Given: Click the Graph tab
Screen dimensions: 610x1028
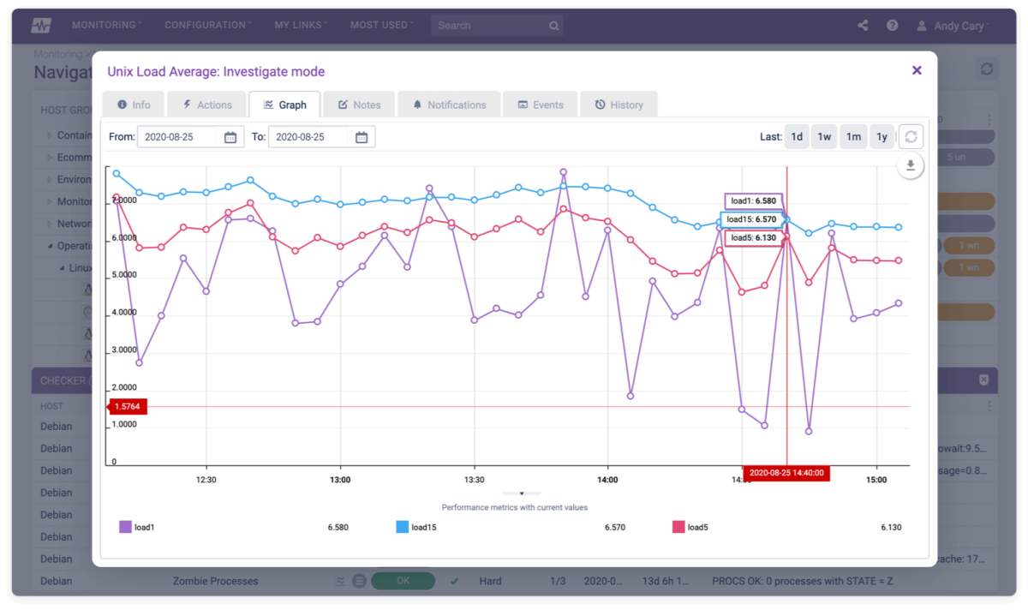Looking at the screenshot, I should coord(284,105).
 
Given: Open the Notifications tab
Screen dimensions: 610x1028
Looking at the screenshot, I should coord(449,105).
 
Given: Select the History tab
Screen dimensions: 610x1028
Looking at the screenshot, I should coord(618,105).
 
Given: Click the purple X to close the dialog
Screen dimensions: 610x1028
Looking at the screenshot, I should coord(917,70).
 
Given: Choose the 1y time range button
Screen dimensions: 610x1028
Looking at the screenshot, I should coord(881,137).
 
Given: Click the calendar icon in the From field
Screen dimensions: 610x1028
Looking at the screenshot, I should coord(230,137).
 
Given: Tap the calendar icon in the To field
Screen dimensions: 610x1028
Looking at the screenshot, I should coord(362,137).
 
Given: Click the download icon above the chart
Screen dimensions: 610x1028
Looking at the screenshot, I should coord(911,167).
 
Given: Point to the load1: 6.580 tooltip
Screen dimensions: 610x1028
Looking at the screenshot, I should coord(753,201).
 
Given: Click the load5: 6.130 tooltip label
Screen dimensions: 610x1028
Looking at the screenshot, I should coord(753,238).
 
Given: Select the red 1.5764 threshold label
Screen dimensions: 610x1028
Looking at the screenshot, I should coord(127,407).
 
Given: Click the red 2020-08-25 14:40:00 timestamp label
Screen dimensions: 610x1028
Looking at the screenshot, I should coord(786,473).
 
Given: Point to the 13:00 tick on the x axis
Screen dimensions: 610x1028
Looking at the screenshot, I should coord(340,480).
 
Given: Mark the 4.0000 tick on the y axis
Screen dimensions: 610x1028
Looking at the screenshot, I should coord(125,313).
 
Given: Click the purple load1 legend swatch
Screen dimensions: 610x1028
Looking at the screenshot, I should coord(125,528).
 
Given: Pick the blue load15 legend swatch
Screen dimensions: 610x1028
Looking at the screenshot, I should coord(402,528).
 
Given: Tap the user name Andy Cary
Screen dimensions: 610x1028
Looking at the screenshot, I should coord(959,26).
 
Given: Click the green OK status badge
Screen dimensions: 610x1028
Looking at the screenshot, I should coord(403,581).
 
